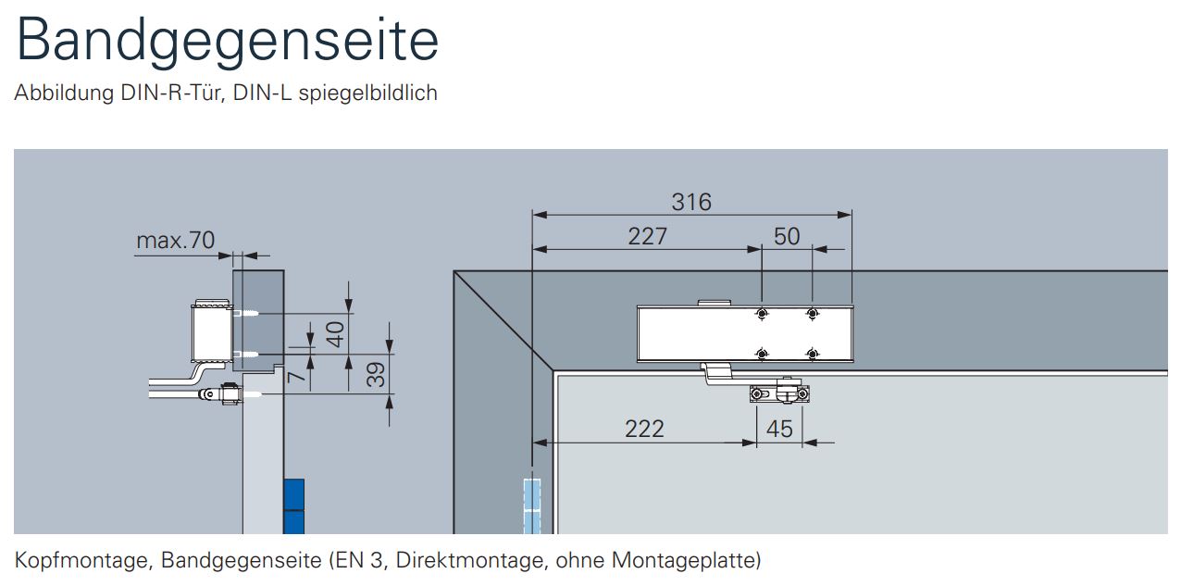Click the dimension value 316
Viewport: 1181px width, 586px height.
pyautogui.click(x=691, y=202)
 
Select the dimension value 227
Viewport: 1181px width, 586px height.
pyautogui.click(x=648, y=236)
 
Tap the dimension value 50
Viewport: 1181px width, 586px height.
pyautogui.click(x=787, y=236)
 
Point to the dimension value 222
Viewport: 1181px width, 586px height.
pyautogui.click(x=644, y=429)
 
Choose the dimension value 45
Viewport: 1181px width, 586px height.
pyautogui.click(x=779, y=429)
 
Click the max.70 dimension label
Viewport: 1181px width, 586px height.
pyautogui.click(x=176, y=241)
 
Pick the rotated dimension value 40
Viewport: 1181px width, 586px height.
pyautogui.click(x=335, y=334)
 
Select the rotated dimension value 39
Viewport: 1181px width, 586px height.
pyautogui.click(x=376, y=375)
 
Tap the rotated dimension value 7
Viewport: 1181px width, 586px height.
pyautogui.click(x=297, y=376)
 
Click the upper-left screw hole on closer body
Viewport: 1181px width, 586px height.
pyautogui.click(x=762, y=314)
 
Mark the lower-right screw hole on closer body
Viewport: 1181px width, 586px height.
pyautogui.click(x=813, y=354)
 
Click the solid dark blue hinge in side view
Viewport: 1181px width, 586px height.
pyautogui.click(x=293, y=506)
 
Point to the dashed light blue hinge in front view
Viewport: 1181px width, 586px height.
pyautogui.click(x=532, y=506)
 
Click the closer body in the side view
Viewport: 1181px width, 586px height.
pyautogui.click(x=212, y=332)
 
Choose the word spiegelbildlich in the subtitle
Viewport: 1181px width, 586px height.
pyautogui.click(x=368, y=93)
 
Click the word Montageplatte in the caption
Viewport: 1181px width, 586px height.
pyautogui.click(x=683, y=560)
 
